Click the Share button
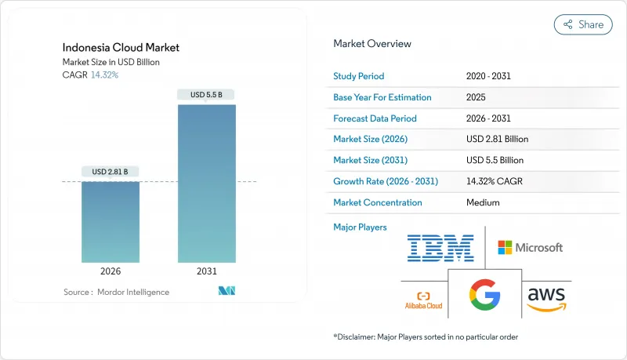pos(583,24)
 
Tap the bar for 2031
pos(207,183)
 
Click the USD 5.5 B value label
pos(207,95)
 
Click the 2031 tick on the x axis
pos(207,270)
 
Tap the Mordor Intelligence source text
pos(116,292)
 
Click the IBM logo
pos(440,248)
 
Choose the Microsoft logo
pos(530,247)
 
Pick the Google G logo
pos(484,294)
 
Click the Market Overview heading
pos(372,44)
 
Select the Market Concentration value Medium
pos(484,202)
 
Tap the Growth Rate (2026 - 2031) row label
pos(386,181)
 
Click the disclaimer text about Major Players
pos(426,336)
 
